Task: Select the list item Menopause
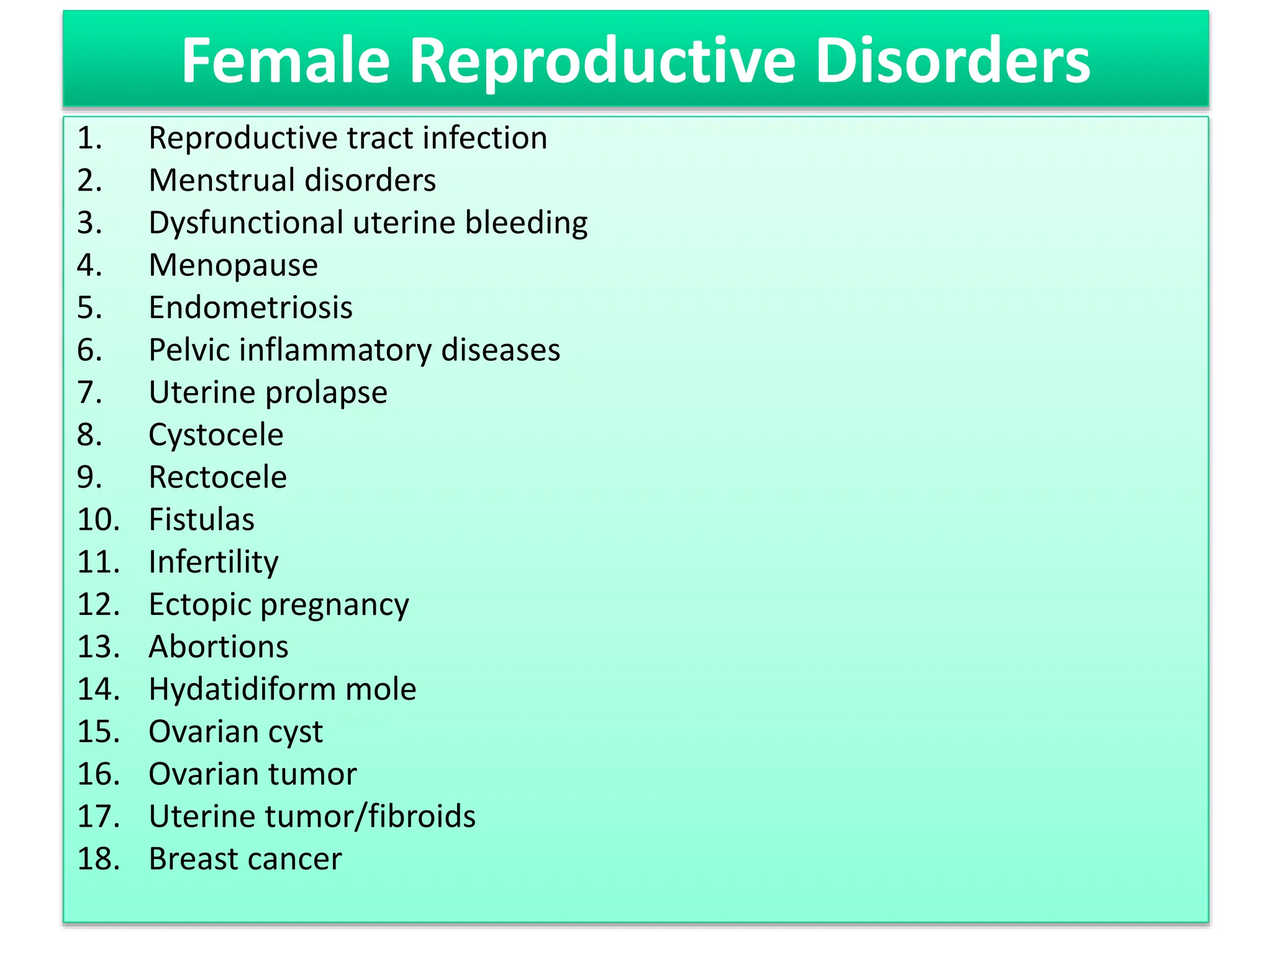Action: coord(234,266)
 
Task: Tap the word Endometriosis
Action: coord(251,307)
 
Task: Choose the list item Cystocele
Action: coord(216,435)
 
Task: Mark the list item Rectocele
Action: coord(218,477)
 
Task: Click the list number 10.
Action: coord(98,519)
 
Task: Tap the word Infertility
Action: coord(214,562)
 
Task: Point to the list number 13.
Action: coord(98,647)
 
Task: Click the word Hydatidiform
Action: coord(242,689)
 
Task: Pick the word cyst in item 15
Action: coord(295,732)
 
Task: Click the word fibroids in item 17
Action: coord(422,817)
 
